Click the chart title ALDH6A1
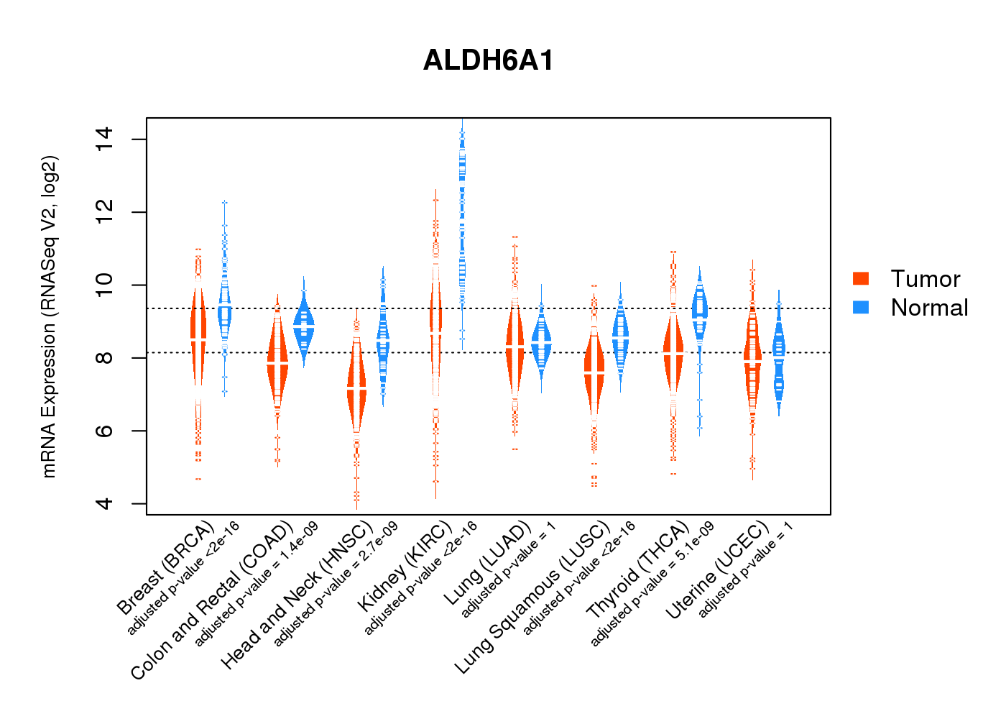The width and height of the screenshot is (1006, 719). coord(489,60)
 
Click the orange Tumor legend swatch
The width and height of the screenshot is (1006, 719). coord(860,278)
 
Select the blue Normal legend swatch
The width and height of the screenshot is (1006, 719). coord(860,307)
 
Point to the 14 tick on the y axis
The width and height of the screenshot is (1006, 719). coord(105,139)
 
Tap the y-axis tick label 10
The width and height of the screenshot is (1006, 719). coord(105,285)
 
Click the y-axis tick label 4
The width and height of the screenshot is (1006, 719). coord(105,503)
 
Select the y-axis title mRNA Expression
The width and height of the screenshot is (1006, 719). coord(49,316)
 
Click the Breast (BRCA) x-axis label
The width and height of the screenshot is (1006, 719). coord(165,568)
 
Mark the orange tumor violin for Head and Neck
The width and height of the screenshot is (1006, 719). coord(356,388)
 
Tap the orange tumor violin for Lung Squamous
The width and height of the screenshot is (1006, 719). coord(594,374)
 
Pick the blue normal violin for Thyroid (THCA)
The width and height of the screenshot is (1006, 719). coord(699,309)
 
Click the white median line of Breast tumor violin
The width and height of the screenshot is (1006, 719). coord(198,338)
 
